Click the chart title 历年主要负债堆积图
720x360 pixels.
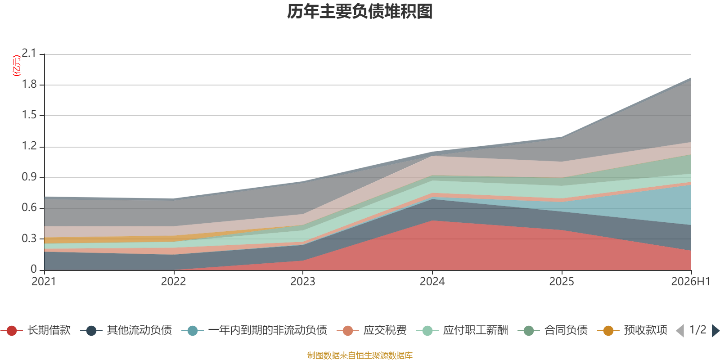pyautogui.click(x=360, y=12)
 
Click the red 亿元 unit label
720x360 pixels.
pyautogui.click(x=16, y=66)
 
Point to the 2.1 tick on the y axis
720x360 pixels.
pyautogui.click(x=29, y=54)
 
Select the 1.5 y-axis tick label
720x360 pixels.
pyautogui.click(x=29, y=115)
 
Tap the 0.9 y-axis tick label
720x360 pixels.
pyautogui.click(x=29, y=177)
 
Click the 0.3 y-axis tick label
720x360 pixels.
pyautogui.click(x=29, y=238)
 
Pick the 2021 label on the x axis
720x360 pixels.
pyautogui.click(x=44, y=282)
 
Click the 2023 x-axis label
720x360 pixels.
pyautogui.click(x=303, y=282)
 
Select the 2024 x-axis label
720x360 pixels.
pyautogui.click(x=432, y=282)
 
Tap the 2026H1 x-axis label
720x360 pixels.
pyautogui.click(x=691, y=282)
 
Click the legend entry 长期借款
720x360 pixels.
pyautogui.click(x=36, y=330)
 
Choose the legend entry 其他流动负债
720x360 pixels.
pyautogui.click(x=126, y=330)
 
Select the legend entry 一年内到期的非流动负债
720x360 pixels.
pyautogui.click(x=254, y=330)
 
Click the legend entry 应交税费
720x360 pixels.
pyautogui.click(x=372, y=330)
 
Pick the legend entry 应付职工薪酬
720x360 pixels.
pyautogui.click(x=462, y=330)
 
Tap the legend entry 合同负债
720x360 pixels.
pyautogui.click(x=553, y=330)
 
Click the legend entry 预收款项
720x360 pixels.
pyautogui.click(x=632, y=330)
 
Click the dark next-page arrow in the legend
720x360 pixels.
pyautogui.click(x=715, y=331)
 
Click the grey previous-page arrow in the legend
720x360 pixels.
pyautogui.click(x=680, y=331)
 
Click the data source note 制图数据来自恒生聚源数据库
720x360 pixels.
pyautogui.click(x=360, y=355)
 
